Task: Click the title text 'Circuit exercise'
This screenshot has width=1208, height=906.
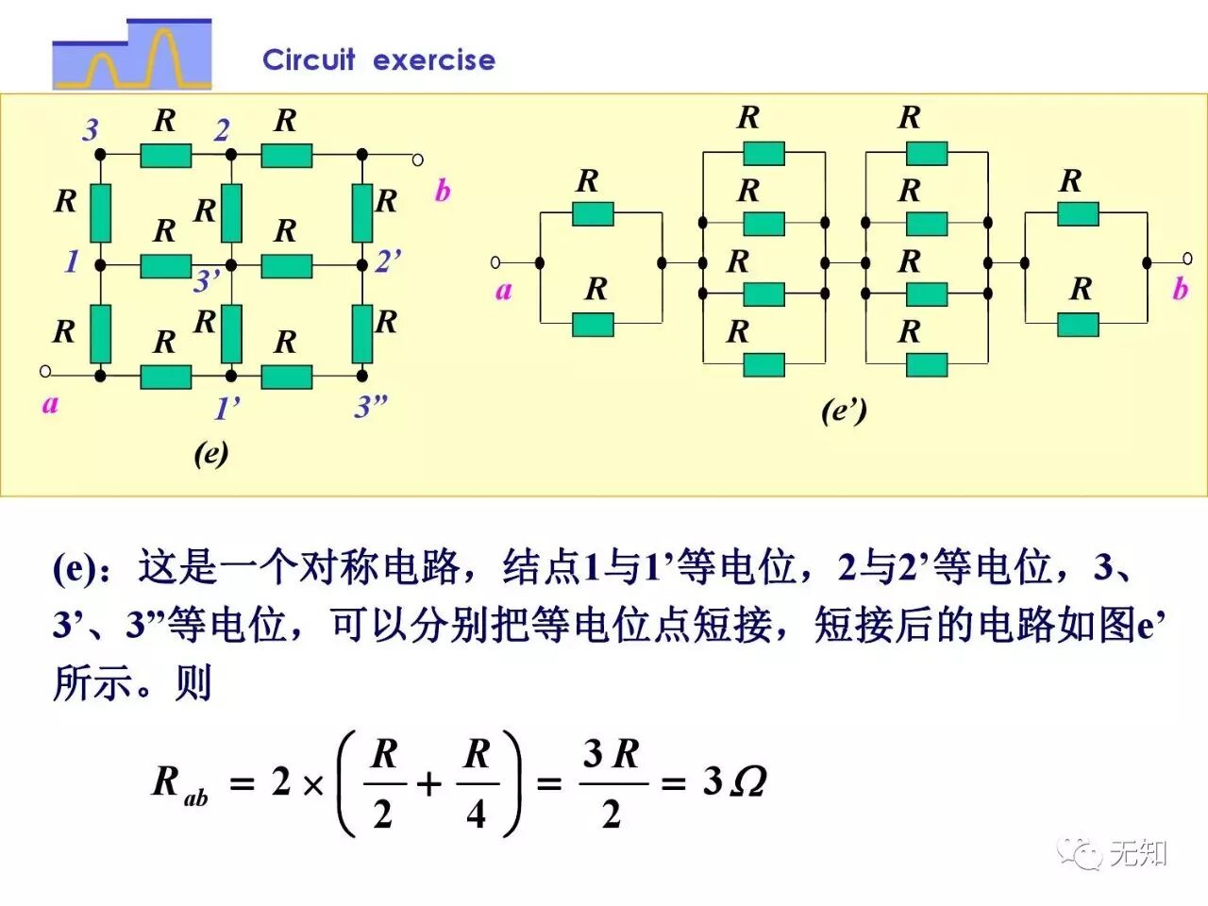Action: (x=378, y=60)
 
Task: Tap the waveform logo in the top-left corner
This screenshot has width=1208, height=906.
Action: (x=132, y=55)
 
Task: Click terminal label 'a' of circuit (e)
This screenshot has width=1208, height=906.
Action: (x=50, y=404)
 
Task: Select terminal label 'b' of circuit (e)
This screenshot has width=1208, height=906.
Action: (x=442, y=191)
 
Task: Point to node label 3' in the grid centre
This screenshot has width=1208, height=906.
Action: (x=207, y=281)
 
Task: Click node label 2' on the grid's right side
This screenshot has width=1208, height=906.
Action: (x=388, y=261)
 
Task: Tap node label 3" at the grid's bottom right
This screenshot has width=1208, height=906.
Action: (x=371, y=407)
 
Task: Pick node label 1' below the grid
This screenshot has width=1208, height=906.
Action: (x=226, y=409)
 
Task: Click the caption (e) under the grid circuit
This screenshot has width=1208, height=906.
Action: (x=211, y=454)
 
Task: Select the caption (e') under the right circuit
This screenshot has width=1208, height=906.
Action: (x=843, y=411)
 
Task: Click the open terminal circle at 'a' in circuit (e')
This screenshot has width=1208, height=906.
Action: (x=496, y=262)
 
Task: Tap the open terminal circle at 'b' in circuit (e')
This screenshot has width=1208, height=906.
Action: (x=1187, y=259)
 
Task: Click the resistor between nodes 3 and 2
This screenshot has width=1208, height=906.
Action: (x=166, y=155)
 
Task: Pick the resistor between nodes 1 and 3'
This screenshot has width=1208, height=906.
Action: (x=166, y=265)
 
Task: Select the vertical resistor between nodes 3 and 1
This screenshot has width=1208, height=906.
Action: (x=100, y=213)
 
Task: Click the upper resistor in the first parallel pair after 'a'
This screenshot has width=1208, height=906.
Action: (x=593, y=214)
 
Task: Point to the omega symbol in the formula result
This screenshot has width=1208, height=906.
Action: (x=747, y=781)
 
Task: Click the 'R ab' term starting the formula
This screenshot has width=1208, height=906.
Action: (x=179, y=784)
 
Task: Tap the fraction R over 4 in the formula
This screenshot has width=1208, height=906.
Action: (x=477, y=784)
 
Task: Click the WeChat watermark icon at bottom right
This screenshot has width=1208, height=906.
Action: (x=1079, y=853)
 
